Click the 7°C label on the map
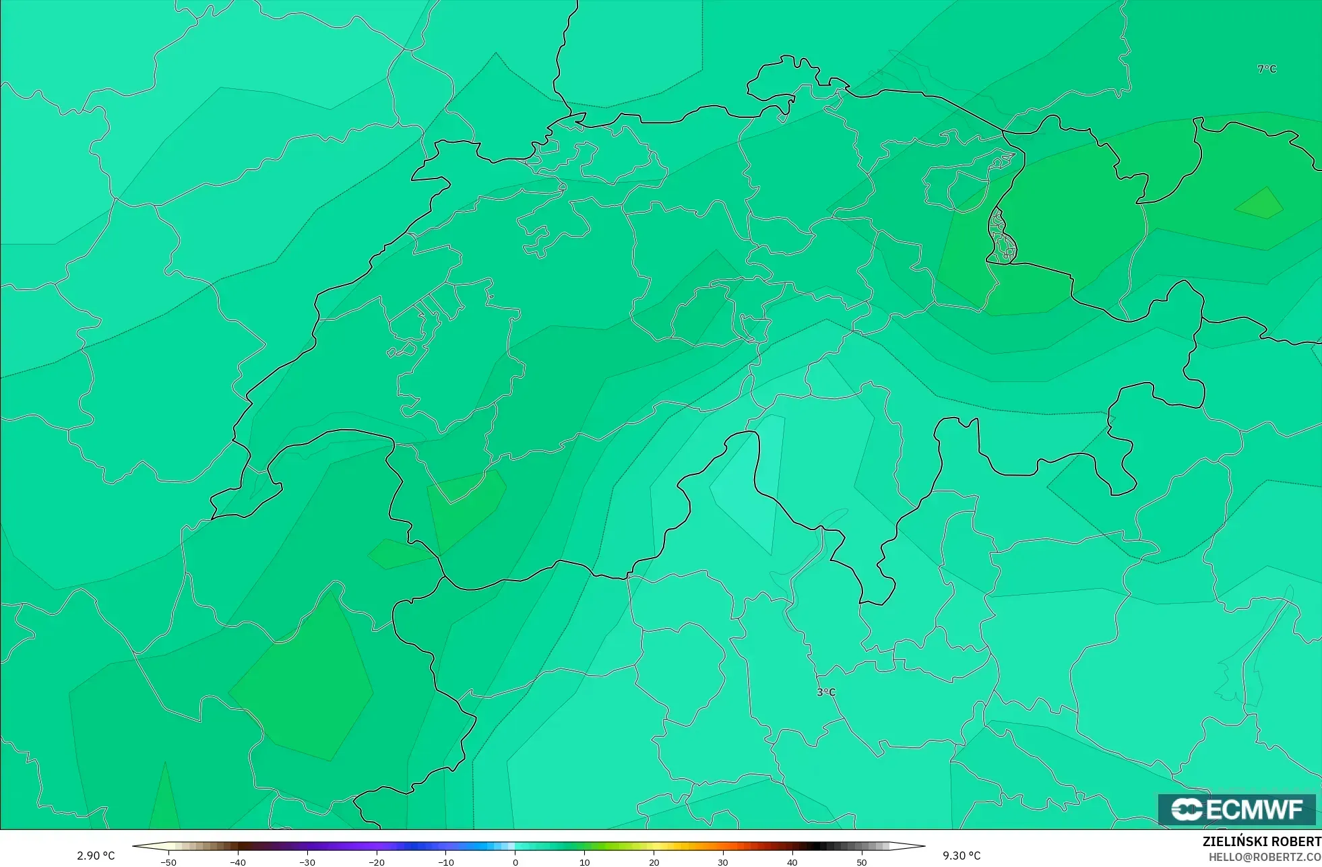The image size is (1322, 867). (1267, 69)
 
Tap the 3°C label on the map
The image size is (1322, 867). (826, 692)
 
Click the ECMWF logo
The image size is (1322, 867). (1236, 809)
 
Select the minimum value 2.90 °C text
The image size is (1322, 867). (96, 856)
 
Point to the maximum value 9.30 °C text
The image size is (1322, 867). (962, 856)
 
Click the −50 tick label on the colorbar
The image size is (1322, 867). (168, 862)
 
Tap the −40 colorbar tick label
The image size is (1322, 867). (237, 862)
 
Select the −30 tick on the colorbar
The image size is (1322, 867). (307, 862)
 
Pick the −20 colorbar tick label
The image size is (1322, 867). (376, 862)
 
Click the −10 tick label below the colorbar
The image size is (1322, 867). (445, 862)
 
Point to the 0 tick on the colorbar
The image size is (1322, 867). (515, 862)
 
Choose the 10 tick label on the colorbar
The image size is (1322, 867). (584, 862)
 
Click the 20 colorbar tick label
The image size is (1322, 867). (654, 862)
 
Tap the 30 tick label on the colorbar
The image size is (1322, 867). (723, 862)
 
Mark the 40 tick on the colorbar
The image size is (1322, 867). (792, 862)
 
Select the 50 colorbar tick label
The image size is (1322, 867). (862, 862)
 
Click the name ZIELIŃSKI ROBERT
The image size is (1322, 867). (1261, 841)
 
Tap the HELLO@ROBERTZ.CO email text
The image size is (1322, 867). (1265, 857)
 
